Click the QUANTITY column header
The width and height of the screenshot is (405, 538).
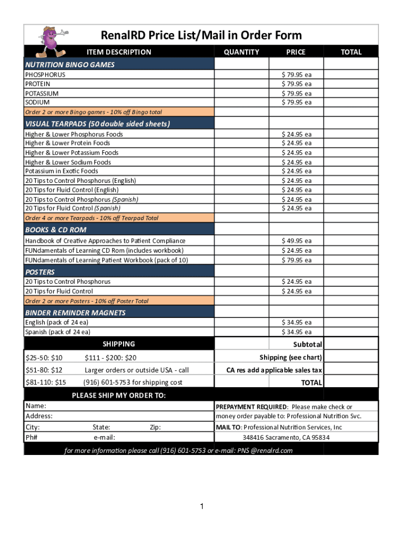click(241, 51)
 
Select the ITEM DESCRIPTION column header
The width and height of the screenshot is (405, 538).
click(119, 51)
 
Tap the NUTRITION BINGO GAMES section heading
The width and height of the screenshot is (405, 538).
click(70, 65)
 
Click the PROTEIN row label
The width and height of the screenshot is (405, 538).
click(38, 84)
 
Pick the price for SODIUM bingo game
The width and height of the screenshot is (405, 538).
click(297, 102)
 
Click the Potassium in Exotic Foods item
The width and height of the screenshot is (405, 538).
click(62, 171)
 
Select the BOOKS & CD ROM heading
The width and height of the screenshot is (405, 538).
click(56, 230)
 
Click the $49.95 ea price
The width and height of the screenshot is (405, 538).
click(297, 241)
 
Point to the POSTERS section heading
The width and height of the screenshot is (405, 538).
click(40, 272)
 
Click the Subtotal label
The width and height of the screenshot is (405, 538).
click(307, 344)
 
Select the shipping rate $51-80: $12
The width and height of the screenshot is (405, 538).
click(44, 370)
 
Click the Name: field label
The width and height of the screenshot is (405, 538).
click(36, 406)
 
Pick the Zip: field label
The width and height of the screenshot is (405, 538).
click(155, 428)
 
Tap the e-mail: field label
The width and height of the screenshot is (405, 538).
click(104, 437)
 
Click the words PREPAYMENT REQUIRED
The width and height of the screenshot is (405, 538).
click(251, 407)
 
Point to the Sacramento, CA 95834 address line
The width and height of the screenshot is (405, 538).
click(286, 437)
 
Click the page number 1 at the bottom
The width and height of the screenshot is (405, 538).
click(201, 506)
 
